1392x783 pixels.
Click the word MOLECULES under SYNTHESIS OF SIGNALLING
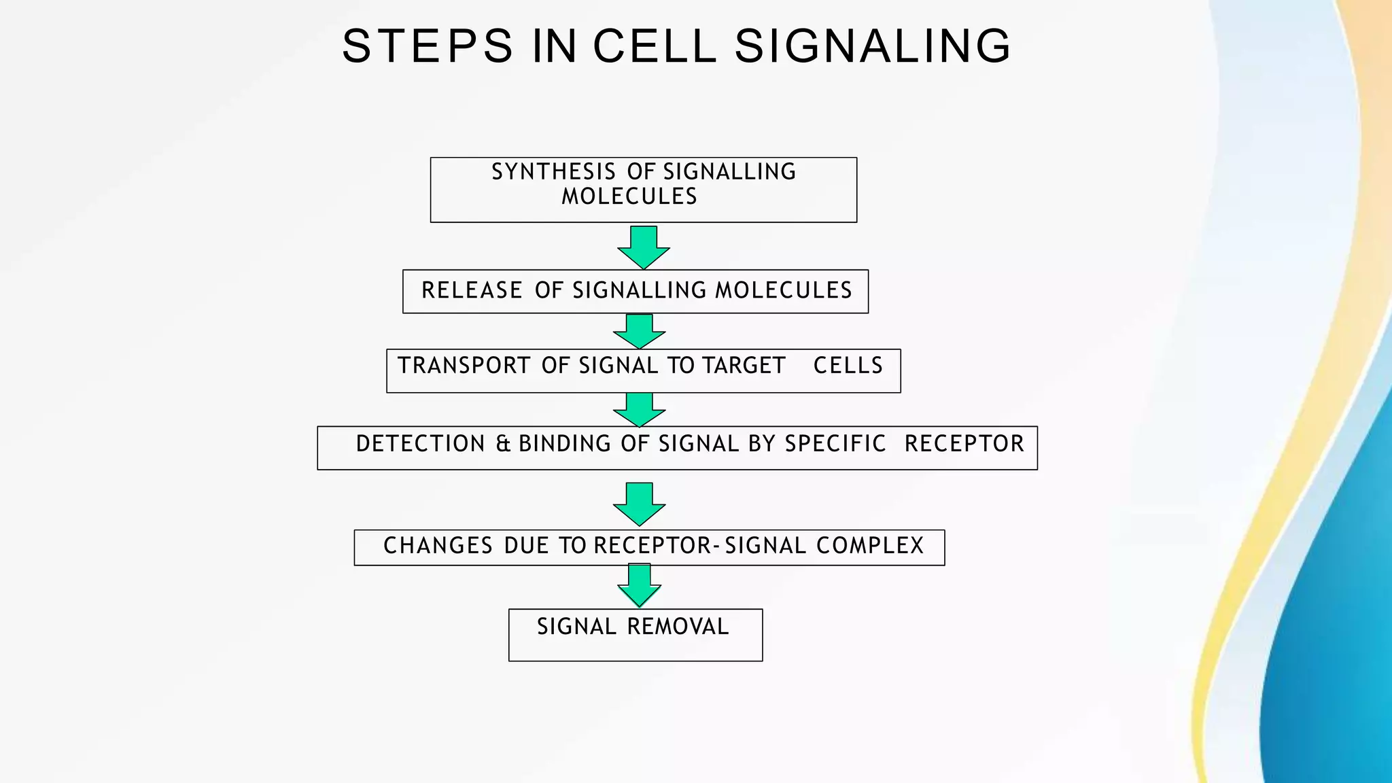629,196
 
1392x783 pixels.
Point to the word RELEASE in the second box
472,290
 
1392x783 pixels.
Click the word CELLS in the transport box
848,366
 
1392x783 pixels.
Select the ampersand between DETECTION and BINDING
503,444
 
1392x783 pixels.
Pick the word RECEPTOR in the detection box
964,444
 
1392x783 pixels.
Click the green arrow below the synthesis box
644,247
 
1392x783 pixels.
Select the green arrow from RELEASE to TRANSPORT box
639,331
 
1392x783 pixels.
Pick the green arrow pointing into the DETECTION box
639,409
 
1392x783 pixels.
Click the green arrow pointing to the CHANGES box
639,504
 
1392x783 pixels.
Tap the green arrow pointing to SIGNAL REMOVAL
640,585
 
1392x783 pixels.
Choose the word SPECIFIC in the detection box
835,444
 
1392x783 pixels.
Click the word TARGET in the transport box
744,366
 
